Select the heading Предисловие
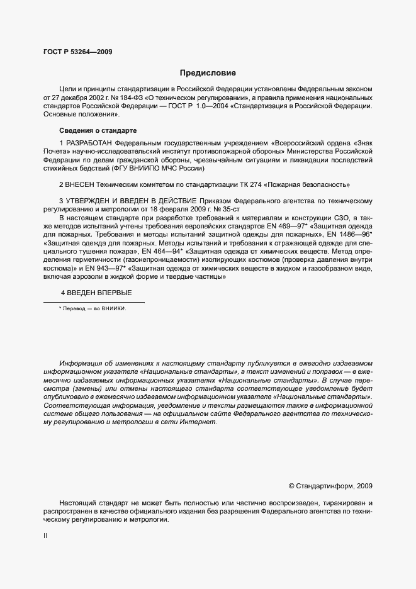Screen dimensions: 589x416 pos(208,73)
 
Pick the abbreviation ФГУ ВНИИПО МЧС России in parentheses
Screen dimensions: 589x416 pos(160,168)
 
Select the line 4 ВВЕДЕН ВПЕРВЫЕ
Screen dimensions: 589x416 pos(96,293)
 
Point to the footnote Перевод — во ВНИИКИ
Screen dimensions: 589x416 pos(92,308)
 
